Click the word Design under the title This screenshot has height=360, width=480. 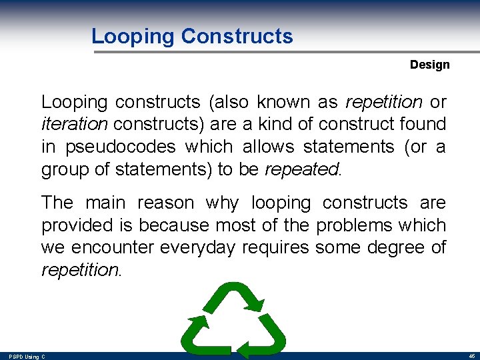point(429,65)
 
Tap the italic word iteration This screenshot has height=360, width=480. point(73,124)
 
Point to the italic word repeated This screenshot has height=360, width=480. point(301,169)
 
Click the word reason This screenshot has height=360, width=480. point(161,203)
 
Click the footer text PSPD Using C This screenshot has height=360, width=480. point(27,357)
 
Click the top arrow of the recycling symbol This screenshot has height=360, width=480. point(233,297)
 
